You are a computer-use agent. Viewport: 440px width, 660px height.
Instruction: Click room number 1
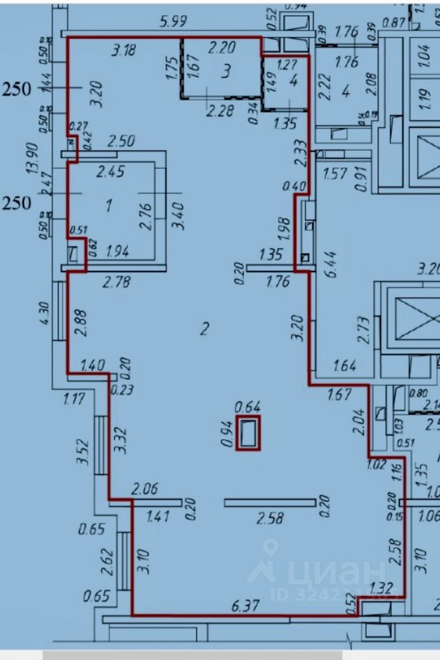click(x=108, y=205)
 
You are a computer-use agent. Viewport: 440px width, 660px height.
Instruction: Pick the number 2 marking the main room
click(x=203, y=329)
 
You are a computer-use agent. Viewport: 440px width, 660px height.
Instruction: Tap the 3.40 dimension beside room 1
click(x=179, y=213)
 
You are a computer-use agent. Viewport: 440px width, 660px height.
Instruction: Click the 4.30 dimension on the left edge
click(x=45, y=313)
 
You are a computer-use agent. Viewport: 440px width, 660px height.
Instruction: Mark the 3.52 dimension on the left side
click(x=84, y=452)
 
